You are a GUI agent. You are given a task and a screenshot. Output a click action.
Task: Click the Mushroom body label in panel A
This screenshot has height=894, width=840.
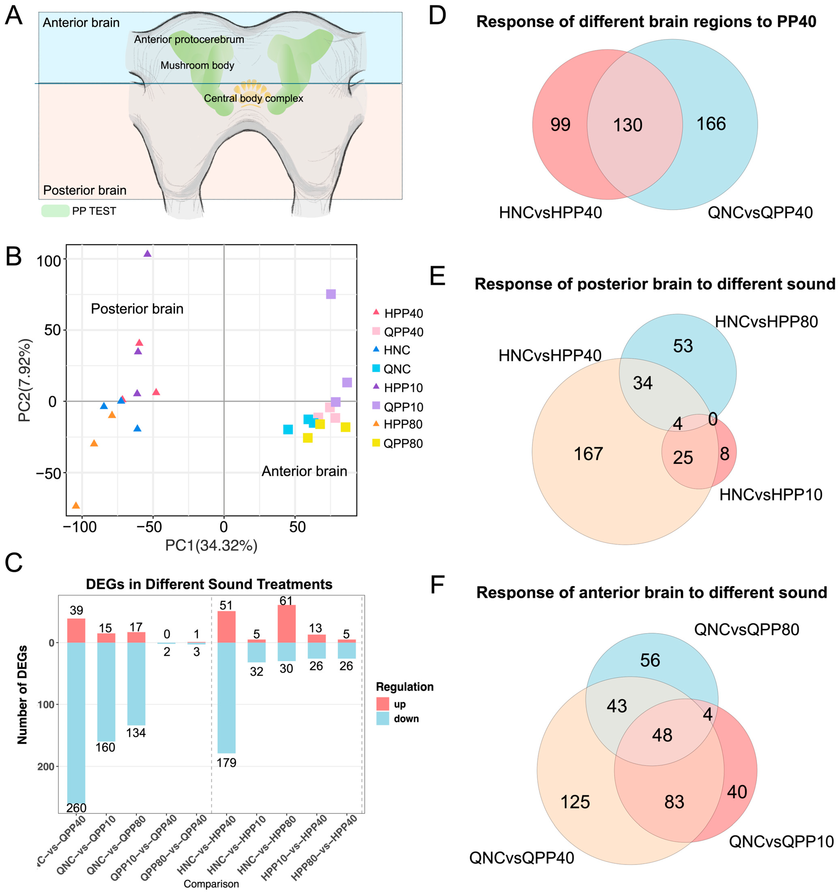(197, 66)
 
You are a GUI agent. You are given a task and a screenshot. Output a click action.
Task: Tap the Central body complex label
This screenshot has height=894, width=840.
(254, 98)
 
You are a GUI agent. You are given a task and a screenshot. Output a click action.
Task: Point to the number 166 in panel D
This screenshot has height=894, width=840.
(711, 124)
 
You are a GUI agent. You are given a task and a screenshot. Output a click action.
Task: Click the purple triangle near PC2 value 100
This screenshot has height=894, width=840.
(147, 254)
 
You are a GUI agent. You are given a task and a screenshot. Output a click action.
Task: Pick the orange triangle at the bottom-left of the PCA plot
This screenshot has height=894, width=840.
(76, 506)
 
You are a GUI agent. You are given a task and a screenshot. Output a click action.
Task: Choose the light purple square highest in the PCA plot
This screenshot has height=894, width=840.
(331, 294)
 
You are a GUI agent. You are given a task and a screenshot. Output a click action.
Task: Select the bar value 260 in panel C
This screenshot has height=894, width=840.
(76, 808)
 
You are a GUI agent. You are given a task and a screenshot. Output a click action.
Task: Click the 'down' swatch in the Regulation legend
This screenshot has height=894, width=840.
(383, 719)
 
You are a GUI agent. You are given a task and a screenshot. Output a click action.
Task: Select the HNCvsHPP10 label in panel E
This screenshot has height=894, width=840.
(770, 495)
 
